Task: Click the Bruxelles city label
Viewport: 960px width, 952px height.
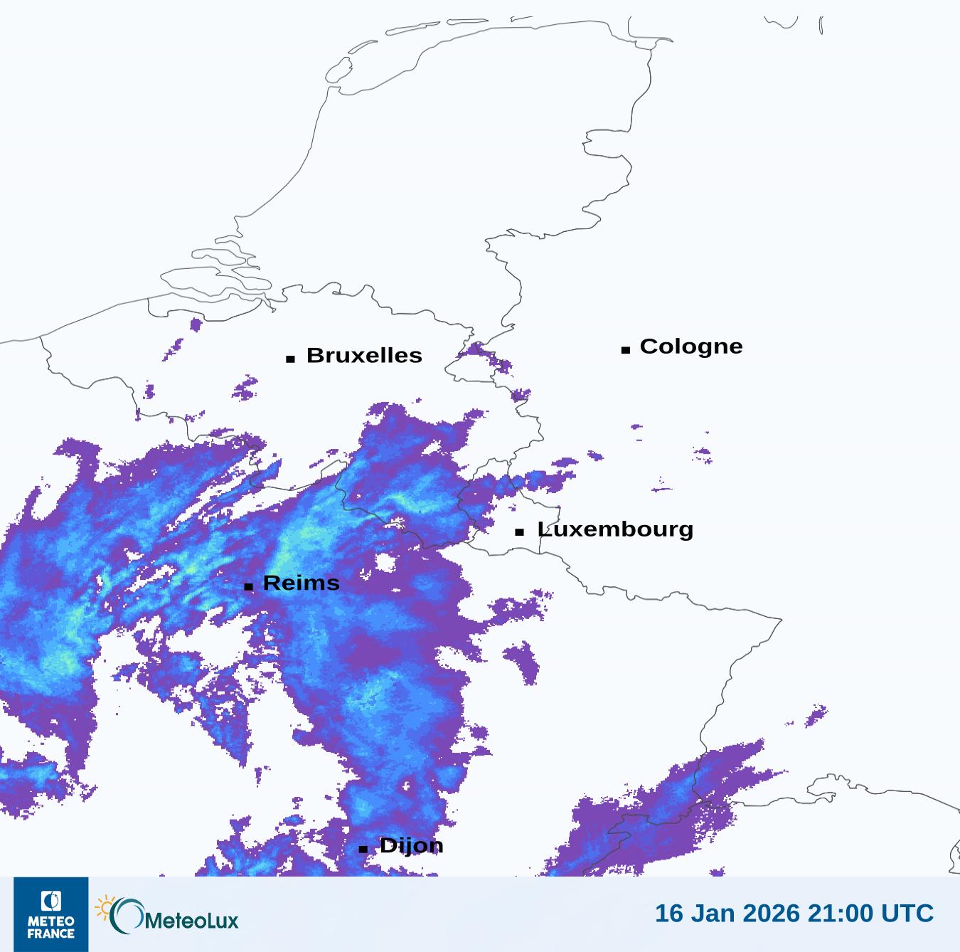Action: click(364, 355)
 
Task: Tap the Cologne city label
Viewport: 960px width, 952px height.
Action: click(690, 347)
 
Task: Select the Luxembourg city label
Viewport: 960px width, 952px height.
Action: click(615, 529)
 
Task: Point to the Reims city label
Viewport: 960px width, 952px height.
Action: click(301, 583)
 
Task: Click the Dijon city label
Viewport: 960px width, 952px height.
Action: click(411, 845)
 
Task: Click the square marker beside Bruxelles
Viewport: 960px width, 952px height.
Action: click(290, 359)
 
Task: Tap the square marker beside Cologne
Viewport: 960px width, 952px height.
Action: click(626, 349)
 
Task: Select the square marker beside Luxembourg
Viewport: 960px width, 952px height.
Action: click(520, 532)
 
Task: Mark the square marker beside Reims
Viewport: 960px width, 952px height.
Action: click(248, 586)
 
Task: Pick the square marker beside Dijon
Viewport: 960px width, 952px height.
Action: click(363, 849)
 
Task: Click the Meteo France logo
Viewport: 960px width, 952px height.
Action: click(51, 914)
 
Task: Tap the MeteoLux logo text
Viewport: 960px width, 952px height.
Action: click(191, 921)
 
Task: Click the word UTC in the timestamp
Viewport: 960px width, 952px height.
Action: click(907, 913)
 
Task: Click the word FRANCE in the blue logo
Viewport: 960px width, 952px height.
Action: click(51, 934)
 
